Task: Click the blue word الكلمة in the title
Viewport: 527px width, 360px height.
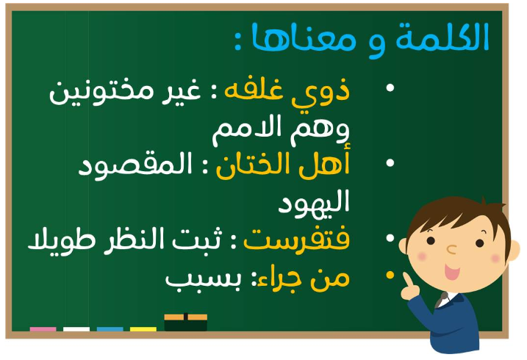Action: point(442,37)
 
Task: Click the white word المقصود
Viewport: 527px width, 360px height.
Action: point(135,166)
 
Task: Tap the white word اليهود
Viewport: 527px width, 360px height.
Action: point(315,204)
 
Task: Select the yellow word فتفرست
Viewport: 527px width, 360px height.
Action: point(297,240)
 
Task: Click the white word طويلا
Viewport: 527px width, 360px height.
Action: point(62,240)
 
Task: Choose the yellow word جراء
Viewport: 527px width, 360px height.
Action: point(281,280)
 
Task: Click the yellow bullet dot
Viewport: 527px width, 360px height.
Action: point(390,275)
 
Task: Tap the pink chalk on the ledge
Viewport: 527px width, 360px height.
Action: point(43,329)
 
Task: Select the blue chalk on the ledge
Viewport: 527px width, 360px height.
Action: point(110,329)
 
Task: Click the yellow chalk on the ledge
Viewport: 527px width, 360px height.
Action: point(143,329)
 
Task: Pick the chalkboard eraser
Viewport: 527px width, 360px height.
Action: point(185,323)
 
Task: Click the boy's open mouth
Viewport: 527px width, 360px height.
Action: point(452,271)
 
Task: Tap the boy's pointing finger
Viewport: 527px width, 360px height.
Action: point(408,279)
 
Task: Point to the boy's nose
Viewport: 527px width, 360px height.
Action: point(452,250)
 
